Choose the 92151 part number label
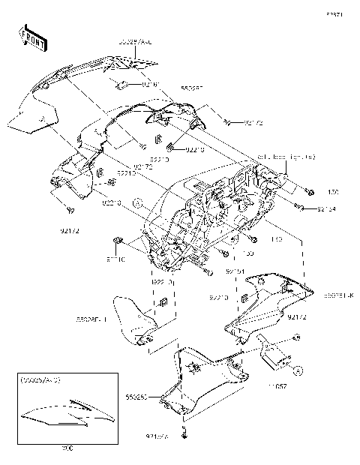(214, 271)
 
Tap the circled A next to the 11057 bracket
(298, 370)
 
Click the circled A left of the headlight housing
(137, 202)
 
